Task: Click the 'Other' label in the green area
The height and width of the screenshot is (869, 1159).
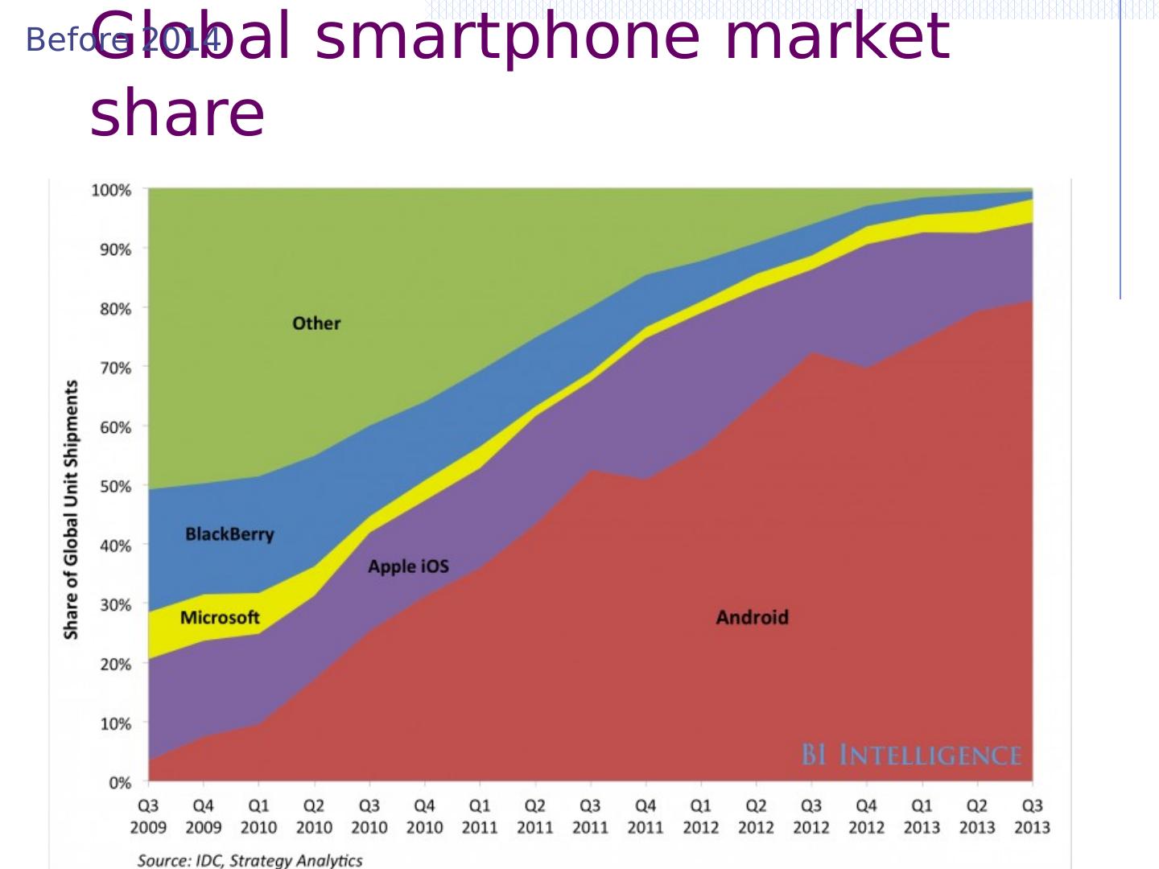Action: [316, 323]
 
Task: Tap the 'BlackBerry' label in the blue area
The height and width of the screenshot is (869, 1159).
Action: [229, 534]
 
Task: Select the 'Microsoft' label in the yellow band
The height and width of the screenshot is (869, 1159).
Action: [220, 617]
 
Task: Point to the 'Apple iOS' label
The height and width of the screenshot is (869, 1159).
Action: [408, 566]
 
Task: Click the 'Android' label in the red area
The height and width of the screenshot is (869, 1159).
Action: [752, 617]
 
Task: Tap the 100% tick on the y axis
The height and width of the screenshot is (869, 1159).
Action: [111, 191]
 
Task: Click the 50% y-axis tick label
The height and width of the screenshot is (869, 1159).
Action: [114, 487]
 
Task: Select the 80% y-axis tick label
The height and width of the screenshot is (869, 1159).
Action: [114, 309]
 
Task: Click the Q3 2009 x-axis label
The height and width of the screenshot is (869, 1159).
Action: [149, 816]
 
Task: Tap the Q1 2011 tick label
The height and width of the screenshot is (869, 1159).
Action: [480, 816]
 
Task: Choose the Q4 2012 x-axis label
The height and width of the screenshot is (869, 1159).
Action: [866, 816]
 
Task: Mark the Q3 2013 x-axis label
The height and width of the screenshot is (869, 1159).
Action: [1032, 816]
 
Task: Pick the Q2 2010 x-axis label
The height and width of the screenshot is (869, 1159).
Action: [314, 816]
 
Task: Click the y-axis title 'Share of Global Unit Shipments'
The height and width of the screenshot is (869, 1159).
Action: [72, 509]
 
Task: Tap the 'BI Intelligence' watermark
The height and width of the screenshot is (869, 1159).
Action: [911, 756]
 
